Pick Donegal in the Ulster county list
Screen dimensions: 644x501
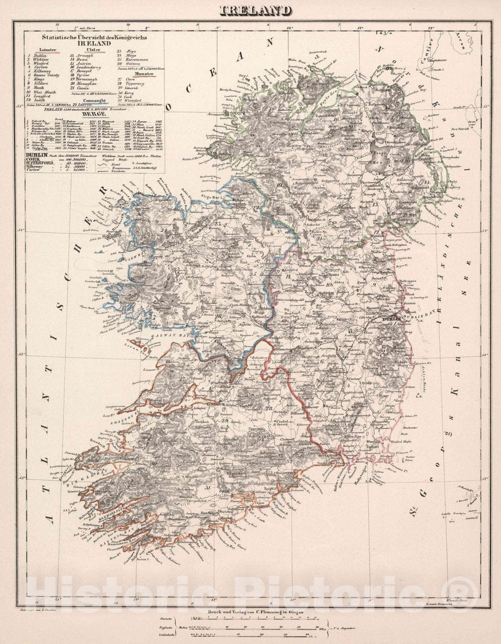[x=82, y=70]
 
